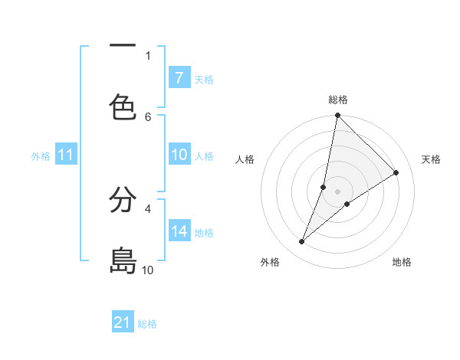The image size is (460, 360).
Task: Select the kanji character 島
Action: [x=123, y=260]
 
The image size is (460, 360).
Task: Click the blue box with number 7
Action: [x=179, y=78]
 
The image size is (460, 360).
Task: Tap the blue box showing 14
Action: [x=179, y=231]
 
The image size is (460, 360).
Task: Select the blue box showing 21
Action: [x=123, y=322]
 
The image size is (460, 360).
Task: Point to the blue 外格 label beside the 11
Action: [x=41, y=156]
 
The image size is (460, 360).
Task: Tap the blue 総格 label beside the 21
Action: [x=147, y=324]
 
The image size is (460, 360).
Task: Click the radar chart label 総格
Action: [x=338, y=100]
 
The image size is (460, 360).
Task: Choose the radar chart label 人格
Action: [x=245, y=159]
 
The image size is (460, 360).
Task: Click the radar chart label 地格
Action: [x=402, y=262]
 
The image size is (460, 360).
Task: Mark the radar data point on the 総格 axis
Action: [x=337, y=116]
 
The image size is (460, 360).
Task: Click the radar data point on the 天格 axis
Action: [x=396, y=173]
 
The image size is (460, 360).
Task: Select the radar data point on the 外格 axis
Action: [x=302, y=242]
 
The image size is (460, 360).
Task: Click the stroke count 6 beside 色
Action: [x=148, y=116]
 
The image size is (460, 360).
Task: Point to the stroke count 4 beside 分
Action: [x=148, y=208]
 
